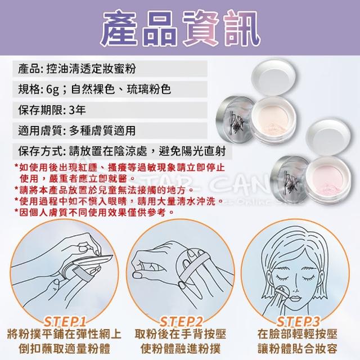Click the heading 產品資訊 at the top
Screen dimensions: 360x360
180,28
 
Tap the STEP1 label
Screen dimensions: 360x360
65,322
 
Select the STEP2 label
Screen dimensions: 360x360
181,322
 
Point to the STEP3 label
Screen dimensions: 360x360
298,322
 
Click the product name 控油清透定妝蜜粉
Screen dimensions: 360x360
91,69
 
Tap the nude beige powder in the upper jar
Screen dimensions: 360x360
273,119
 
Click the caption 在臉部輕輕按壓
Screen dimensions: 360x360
298,334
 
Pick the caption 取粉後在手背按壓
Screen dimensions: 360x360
181,334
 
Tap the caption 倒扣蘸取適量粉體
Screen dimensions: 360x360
65,349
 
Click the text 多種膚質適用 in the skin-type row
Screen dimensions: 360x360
102,130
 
